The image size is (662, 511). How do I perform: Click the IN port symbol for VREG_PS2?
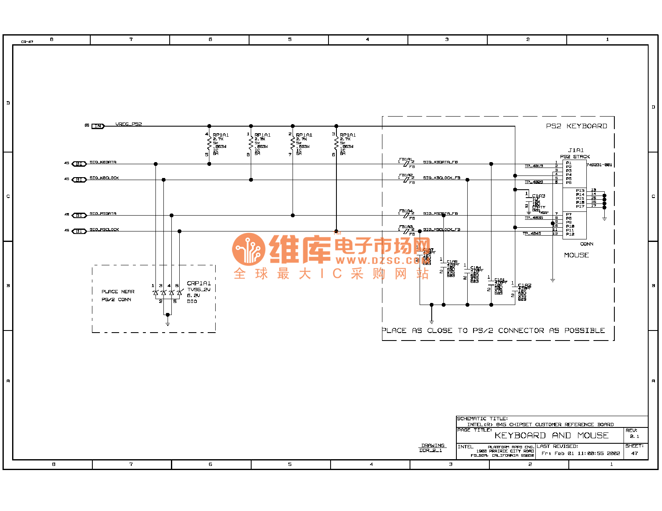tap(98, 126)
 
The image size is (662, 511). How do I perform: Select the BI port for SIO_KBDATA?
tap(79, 164)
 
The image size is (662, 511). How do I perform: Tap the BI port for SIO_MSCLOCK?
tap(79, 231)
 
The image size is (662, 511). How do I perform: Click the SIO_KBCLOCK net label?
tap(104, 178)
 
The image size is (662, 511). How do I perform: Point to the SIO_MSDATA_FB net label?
tap(440, 214)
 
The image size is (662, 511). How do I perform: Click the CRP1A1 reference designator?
tap(199, 283)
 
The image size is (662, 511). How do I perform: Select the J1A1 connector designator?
tap(576, 150)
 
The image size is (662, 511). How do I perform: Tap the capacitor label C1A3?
tap(538, 196)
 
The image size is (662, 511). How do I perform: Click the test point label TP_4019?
tap(534, 166)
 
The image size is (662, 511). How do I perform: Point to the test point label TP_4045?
tap(532, 234)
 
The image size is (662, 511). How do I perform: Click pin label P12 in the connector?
tap(570, 234)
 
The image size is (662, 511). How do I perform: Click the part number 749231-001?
tap(599, 165)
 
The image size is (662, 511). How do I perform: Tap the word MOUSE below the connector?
tap(576, 255)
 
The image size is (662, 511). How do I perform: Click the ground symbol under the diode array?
tap(168, 323)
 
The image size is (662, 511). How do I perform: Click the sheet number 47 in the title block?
tap(634, 453)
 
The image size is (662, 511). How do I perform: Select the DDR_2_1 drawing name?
tap(430, 450)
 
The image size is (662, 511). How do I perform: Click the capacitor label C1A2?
tap(525, 285)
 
